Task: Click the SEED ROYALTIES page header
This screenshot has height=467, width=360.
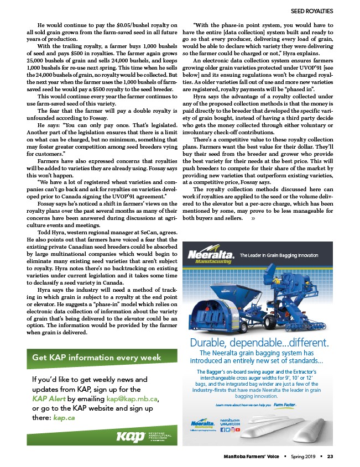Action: (x=312, y=11)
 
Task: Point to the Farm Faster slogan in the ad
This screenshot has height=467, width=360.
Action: (x=286, y=404)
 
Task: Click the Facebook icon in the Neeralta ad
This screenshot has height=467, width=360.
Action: (x=223, y=428)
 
